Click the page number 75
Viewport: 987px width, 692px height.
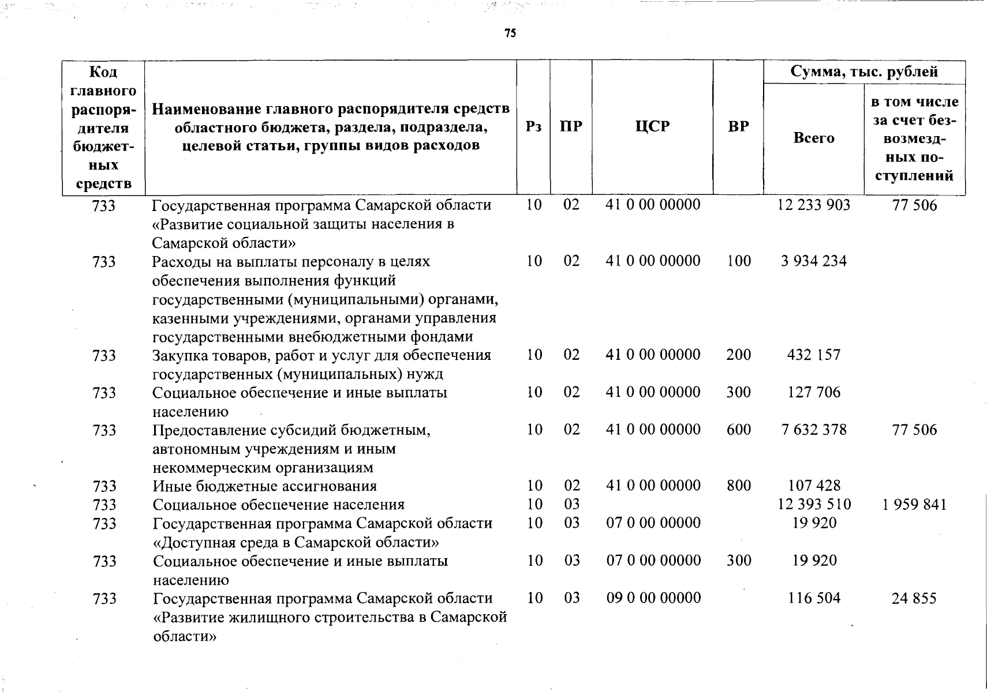(510, 33)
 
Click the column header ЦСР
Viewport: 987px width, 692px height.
(652, 127)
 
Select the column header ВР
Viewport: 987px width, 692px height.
(738, 127)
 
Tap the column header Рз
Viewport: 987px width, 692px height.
(534, 127)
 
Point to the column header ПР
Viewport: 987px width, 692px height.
(571, 127)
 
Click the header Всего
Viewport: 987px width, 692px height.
(814, 138)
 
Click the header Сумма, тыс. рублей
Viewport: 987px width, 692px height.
(864, 72)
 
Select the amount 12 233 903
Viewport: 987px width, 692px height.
(814, 205)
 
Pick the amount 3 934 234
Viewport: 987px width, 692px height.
(814, 261)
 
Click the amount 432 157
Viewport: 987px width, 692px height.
(814, 355)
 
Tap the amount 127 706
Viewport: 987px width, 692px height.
(814, 392)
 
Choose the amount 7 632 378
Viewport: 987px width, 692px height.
(814, 430)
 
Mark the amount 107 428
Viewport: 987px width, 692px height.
(814, 486)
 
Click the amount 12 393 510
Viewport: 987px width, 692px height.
(814, 505)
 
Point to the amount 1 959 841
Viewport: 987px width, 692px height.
(914, 505)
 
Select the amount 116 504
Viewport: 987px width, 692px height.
(814, 598)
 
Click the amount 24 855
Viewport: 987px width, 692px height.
(914, 599)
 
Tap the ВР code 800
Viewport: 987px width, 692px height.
(739, 486)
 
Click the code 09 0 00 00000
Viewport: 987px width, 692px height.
(653, 598)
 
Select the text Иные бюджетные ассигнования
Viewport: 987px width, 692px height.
(264, 486)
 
